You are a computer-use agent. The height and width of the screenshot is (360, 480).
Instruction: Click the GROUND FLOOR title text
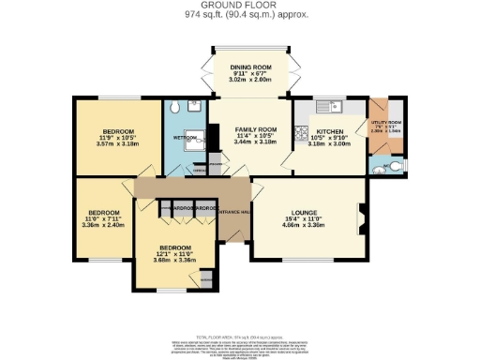click(x=239, y=6)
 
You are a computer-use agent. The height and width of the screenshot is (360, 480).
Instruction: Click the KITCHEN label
click(x=330, y=132)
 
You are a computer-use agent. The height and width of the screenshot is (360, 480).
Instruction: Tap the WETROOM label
click(x=184, y=138)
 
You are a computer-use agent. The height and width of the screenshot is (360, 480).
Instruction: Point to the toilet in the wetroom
click(x=193, y=109)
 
